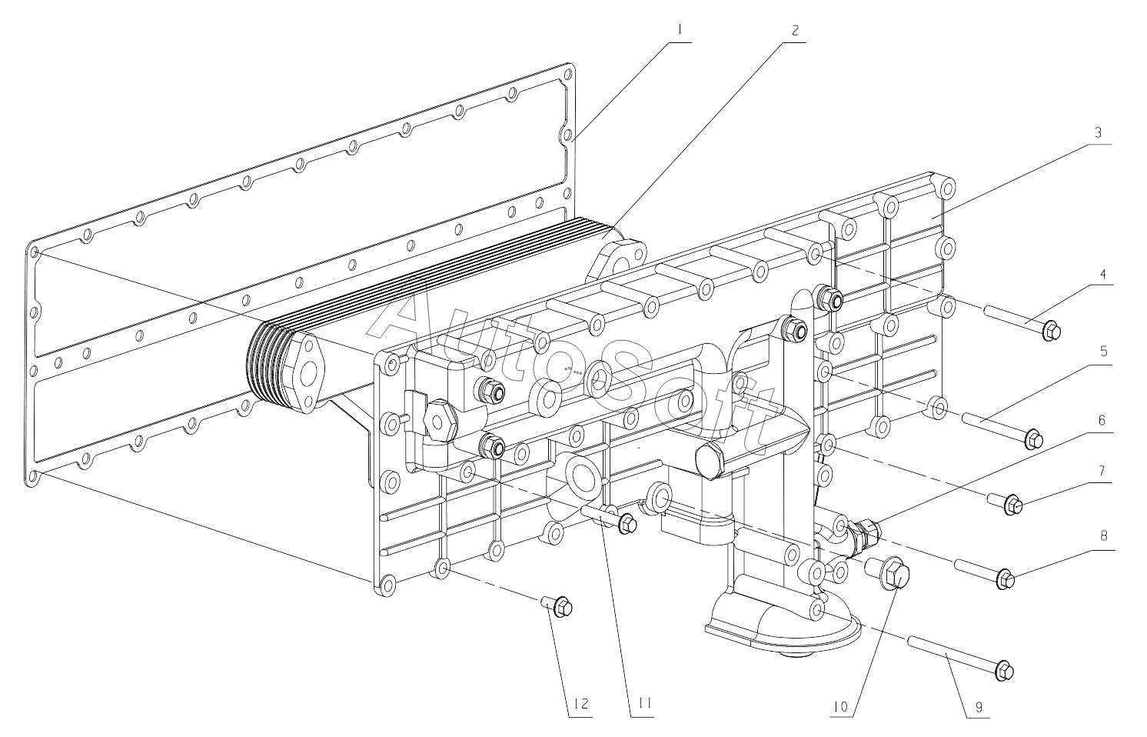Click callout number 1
tap(680, 31)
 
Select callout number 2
tap(795, 31)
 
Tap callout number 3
tap(1099, 132)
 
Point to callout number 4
tap(1102, 274)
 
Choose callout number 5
tap(1103, 351)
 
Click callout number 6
tap(1102, 421)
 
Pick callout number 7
tap(1102, 469)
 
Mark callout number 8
tap(1103, 535)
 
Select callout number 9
tap(979, 706)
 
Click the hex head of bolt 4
tap(1052, 332)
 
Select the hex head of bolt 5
tap(1033, 439)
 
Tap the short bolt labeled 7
tap(1012, 505)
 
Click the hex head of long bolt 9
tap(1003, 670)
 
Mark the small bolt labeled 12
tap(561, 608)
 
